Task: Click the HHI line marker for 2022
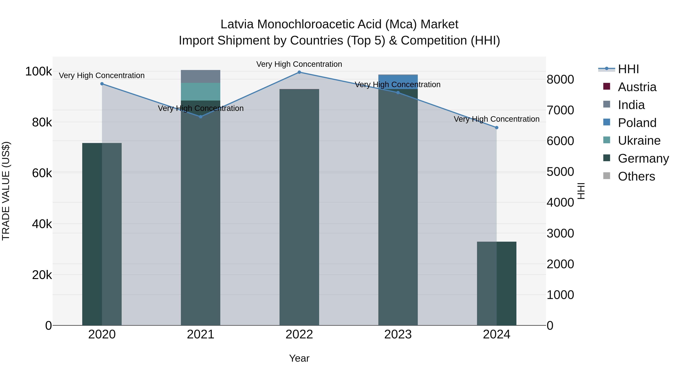pyautogui.click(x=299, y=72)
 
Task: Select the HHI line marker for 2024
pyautogui.click(x=497, y=128)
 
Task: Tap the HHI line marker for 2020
pyautogui.click(x=102, y=84)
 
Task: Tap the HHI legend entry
pyautogui.click(x=628, y=69)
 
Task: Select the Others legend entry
pyautogui.click(x=636, y=176)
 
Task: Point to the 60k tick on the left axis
pyautogui.click(x=42, y=173)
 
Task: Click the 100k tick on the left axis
pyautogui.click(x=38, y=71)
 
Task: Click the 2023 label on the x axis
pyautogui.click(x=398, y=334)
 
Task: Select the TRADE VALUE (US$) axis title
pyautogui.click(x=6, y=191)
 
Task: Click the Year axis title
pyautogui.click(x=299, y=358)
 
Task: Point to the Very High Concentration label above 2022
pyautogui.click(x=299, y=64)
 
